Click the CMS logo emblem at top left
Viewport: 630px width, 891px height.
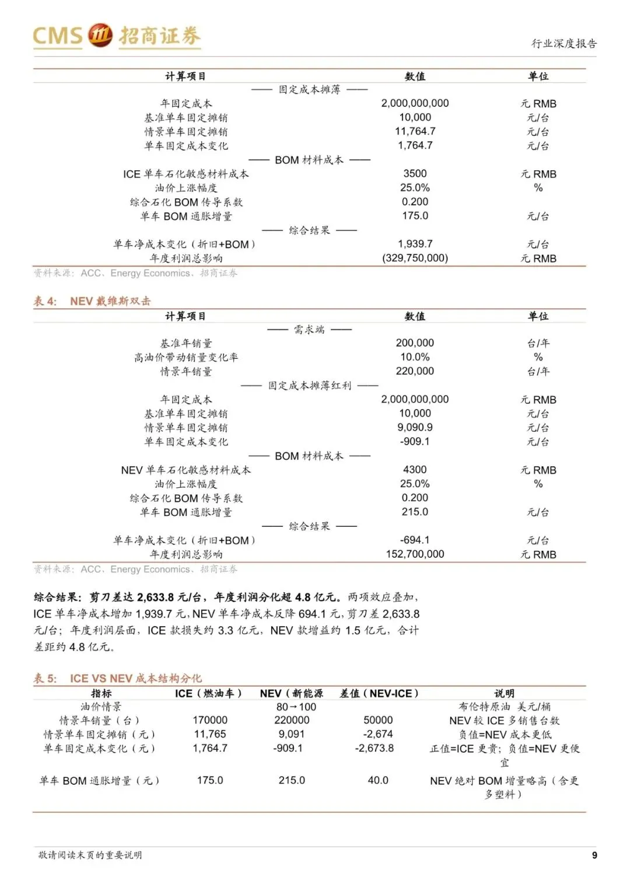(x=100, y=36)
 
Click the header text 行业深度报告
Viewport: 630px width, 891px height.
(x=563, y=43)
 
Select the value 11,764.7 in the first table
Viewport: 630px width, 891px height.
(x=415, y=131)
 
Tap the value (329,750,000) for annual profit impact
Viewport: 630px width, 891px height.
(x=415, y=258)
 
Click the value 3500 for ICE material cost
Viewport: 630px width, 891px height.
(x=415, y=173)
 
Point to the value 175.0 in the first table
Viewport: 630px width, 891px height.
(x=415, y=215)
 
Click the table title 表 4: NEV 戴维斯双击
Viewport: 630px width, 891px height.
(x=92, y=301)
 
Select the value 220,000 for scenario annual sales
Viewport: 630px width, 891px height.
(x=415, y=371)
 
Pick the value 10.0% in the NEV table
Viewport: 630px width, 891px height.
(x=415, y=357)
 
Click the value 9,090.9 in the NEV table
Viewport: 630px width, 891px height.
(x=415, y=427)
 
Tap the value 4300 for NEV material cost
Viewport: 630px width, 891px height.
(x=415, y=469)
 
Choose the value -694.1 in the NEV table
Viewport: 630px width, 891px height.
(x=415, y=540)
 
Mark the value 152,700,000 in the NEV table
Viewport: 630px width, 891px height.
(x=415, y=554)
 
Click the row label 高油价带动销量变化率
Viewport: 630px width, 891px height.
(x=186, y=357)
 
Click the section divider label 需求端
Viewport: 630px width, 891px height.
(x=309, y=330)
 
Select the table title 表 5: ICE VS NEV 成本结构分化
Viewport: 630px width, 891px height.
(x=118, y=678)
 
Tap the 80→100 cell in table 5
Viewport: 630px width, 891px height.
(x=296, y=707)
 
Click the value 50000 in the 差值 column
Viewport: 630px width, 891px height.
(x=378, y=720)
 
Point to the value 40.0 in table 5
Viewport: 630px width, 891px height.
(x=378, y=780)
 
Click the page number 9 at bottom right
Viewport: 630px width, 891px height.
(x=594, y=855)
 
